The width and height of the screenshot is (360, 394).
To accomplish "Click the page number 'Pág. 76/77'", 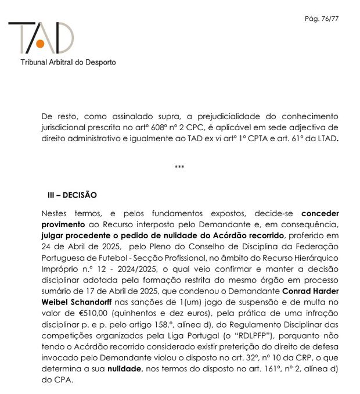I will pyautogui.click(x=322, y=19).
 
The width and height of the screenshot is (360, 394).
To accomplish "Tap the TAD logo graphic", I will pyautogui.click(x=41, y=38).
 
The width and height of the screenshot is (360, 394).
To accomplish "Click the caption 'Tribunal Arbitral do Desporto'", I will pyautogui.click(x=69, y=62).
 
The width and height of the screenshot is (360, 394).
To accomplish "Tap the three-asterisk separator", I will pyautogui.click(x=179, y=167).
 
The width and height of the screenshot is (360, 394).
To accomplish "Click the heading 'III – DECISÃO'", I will pyautogui.click(x=72, y=195).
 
